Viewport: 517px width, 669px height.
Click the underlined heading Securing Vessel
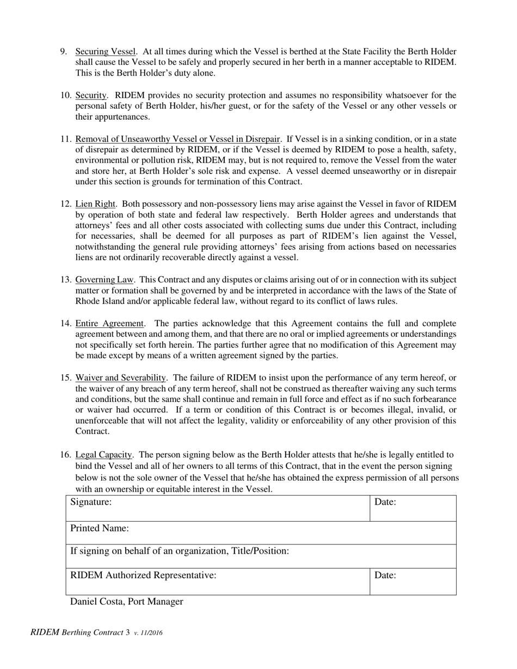click(x=105, y=52)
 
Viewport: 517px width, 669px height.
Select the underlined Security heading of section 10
click(x=91, y=96)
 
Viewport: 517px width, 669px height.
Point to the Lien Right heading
click(x=95, y=204)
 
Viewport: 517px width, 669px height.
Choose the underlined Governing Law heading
click(x=104, y=280)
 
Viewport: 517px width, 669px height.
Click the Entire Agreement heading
click(x=109, y=324)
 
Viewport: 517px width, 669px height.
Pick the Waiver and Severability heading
click(x=120, y=378)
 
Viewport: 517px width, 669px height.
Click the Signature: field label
click(x=91, y=502)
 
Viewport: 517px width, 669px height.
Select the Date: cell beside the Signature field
click(x=385, y=502)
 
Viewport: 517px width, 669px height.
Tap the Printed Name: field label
click(x=100, y=528)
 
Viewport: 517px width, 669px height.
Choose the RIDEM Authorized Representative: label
click(x=144, y=575)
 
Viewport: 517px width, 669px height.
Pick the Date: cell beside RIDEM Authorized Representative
click(x=385, y=575)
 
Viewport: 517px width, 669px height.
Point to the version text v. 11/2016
click(x=148, y=633)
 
